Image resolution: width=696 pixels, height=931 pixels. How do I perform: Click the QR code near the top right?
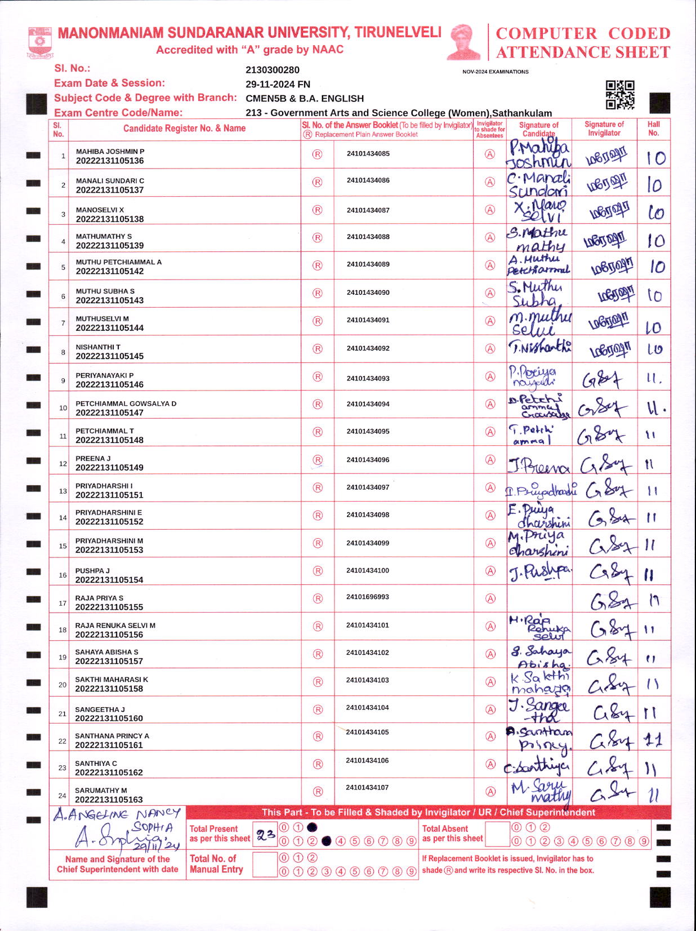pyautogui.click(x=620, y=95)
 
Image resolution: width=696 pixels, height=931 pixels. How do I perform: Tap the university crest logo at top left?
pyautogui.click(x=39, y=41)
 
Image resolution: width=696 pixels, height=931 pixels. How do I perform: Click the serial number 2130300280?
pyautogui.click(x=273, y=70)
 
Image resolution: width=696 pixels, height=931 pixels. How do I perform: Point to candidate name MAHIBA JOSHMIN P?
pyautogui.click(x=110, y=152)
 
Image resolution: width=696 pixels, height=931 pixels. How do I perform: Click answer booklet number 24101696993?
pyautogui.click(x=367, y=597)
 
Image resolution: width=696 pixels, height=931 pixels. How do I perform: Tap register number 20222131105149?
pyautogui.click(x=109, y=468)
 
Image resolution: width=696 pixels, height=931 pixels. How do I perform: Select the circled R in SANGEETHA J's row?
pyautogui.click(x=318, y=710)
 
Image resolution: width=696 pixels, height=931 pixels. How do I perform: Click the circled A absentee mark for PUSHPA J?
pyautogui.click(x=490, y=571)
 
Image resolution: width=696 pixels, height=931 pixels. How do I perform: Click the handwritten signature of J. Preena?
pyautogui.click(x=538, y=466)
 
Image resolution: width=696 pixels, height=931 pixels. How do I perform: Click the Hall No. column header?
pyautogui.click(x=653, y=128)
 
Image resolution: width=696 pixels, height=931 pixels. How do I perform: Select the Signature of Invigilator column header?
pyautogui.click(x=604, y=128)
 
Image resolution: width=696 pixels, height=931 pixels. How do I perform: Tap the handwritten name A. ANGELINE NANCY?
pyautogui.click(x=117, y=814)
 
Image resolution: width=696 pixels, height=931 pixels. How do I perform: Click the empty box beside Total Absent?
pyautogui.click(x=497, y=834)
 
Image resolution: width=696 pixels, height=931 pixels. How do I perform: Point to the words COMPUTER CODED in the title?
pyautogui.click(x=582, y=33)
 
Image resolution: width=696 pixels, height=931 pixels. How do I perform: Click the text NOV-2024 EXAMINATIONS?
pyautogui.click(x=495, y=72)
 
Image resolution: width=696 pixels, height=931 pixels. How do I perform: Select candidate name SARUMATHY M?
pyautogui.click(x=101, y=790)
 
